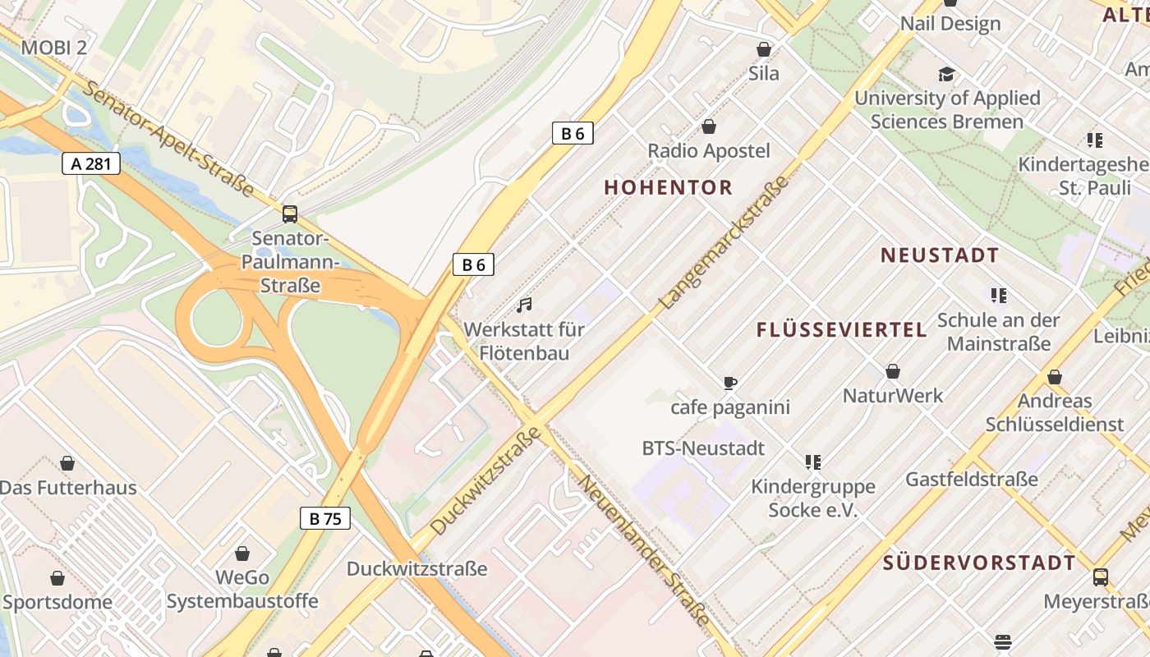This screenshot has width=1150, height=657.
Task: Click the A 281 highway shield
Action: pos(91,163)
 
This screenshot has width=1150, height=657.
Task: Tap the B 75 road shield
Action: pos(325,518)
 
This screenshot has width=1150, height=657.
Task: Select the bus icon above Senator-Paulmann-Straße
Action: pos(290,214)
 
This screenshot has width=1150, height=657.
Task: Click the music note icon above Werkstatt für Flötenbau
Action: pos(524,306)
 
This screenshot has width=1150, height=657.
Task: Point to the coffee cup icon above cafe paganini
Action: pos(730,383)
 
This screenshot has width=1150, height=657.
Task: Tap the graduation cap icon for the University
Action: pos(947,75)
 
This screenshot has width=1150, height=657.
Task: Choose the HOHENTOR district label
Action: pos(668,187)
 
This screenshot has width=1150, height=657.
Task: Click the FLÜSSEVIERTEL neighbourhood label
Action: pos(841,330)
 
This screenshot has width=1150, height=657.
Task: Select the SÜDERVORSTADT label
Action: pos(979,563)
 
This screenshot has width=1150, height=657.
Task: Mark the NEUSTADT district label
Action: pos(940,255)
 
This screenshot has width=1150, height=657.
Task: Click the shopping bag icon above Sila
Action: pos(764,49)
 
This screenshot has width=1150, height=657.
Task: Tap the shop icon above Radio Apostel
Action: pos(709,126)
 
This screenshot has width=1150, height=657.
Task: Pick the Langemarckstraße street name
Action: pos(724,244)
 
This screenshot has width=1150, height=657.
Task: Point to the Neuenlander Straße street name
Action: pos(645,549)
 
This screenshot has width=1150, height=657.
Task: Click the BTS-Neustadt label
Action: pos(703,448)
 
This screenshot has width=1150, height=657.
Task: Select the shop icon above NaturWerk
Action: pos(893,372)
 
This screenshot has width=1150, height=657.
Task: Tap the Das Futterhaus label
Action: pos(68,488)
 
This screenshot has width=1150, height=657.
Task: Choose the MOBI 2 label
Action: pos(53,47)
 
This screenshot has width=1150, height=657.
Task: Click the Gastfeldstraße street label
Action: pos(972,479)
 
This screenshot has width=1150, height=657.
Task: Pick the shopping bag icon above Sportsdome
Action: pos(57,578)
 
